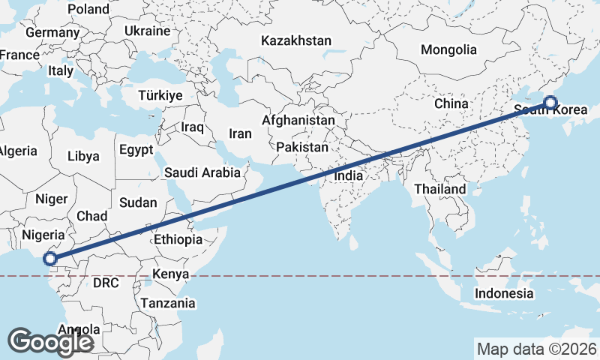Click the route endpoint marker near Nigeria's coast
coord(49,259)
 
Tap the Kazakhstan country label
coord(296,40)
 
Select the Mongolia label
coord(448,50)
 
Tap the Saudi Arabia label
coord(202,172)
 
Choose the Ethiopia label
coord(178,240)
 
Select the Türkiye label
coord(160,95)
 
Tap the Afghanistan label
coord(298,120)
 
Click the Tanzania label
coord(167,304)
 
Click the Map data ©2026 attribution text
coord(537,349)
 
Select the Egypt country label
coord(136,149)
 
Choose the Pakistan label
coord(301,147)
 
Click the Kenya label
coord(169,274)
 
